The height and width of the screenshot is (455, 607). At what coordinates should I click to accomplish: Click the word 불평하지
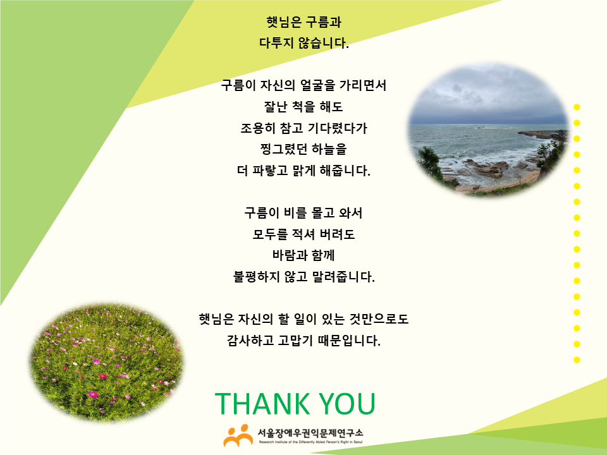(256, 277)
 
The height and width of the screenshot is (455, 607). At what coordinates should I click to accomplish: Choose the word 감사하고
(250, 341)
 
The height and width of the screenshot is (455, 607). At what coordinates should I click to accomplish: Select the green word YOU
(347, 404)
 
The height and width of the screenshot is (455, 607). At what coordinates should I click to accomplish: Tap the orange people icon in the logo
(238, 435)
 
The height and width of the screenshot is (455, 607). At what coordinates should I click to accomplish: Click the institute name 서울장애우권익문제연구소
(310, 432)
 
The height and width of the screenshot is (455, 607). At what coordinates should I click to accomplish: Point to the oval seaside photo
(487, 130)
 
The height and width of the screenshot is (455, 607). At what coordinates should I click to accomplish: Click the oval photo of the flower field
(106, 363)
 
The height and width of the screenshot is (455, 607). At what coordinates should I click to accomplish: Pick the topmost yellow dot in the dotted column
(577, 107)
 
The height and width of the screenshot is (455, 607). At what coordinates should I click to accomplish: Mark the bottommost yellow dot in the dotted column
(577, 360)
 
